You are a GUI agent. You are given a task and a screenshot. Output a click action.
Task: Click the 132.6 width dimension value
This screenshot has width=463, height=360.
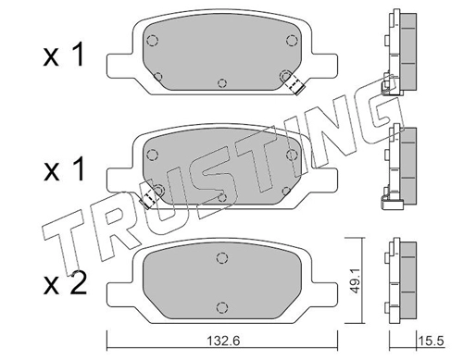pos(223,341)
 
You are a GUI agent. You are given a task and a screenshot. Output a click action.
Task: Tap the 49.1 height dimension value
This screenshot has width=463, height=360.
pos(356,281)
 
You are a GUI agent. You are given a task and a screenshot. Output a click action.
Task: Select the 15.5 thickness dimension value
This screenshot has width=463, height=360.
pos(431,341)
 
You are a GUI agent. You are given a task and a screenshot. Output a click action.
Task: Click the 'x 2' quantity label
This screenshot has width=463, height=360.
pos(65,285)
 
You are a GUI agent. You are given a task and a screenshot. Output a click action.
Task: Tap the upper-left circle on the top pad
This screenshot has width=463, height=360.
pos(152,40)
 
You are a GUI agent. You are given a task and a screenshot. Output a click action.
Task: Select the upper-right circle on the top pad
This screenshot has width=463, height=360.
pos(292,40)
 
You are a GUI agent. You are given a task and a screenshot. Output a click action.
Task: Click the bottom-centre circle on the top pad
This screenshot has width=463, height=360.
pos(222,83)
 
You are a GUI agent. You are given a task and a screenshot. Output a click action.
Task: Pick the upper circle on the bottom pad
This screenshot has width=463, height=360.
pos(222,258)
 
